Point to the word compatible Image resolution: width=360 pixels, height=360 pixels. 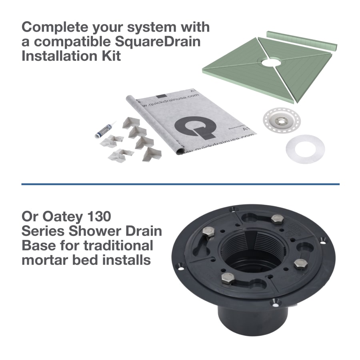tap(72, 41)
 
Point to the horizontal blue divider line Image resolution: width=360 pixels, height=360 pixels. tap(180, 184)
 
